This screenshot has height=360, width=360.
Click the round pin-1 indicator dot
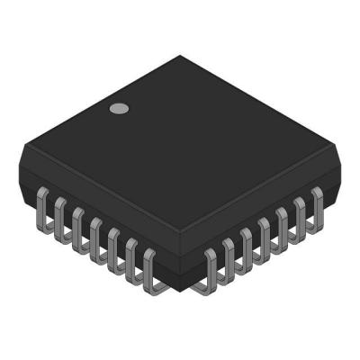point(118,109)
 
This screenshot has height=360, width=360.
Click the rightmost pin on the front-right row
point(317,203)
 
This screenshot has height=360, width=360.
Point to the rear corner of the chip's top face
point(185,57)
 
